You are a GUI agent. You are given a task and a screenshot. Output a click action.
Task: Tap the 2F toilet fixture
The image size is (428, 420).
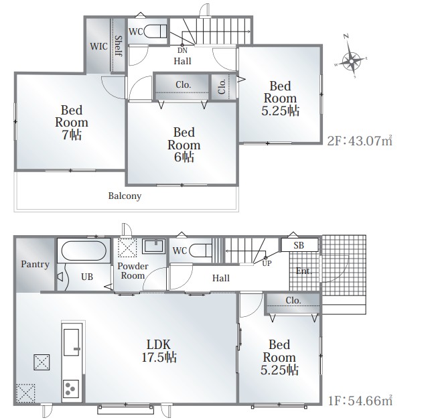(x=155, y=31)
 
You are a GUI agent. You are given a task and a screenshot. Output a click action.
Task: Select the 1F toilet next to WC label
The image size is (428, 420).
(x=200, y=251)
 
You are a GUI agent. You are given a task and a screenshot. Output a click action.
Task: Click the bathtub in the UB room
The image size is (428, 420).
(x=84, y=251)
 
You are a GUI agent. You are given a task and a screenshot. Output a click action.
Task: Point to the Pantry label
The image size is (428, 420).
(x=35, y=264)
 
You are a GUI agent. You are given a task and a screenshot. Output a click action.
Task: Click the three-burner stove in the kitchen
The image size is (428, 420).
(x=71, y=389)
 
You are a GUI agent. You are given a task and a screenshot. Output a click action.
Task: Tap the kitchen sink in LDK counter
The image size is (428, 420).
(x=72, y=342)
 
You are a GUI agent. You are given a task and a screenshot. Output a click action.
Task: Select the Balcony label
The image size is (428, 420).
(x=125, y=196)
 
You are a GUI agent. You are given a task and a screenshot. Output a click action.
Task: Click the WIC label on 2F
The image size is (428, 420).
(x=99, y=46)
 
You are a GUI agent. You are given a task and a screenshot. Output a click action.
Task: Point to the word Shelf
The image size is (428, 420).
(x=119, y=46)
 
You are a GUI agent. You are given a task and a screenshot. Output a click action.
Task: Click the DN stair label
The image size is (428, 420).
(x=182, y=50)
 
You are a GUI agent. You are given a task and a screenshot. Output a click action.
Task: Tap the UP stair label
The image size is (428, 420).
(x=267, y=264)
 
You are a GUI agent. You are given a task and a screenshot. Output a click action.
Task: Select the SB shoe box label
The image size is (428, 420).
(x=299, y=245)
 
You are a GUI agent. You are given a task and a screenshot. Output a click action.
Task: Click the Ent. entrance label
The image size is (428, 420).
(x=304, y=271)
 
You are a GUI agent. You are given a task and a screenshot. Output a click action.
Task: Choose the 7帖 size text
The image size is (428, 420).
(x=72, y=135)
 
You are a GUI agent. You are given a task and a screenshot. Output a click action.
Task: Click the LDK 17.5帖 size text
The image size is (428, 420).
(x=159, y=357)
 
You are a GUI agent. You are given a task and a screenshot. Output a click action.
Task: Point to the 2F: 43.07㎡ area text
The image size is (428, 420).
(x=360, y=141)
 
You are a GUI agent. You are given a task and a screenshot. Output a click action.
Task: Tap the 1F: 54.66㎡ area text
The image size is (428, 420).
(x=360, y=401)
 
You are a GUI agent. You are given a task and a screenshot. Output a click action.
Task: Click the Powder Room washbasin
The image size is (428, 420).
(x=154, y=246)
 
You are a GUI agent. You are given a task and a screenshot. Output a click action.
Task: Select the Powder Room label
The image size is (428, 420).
(x=133, y=271)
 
